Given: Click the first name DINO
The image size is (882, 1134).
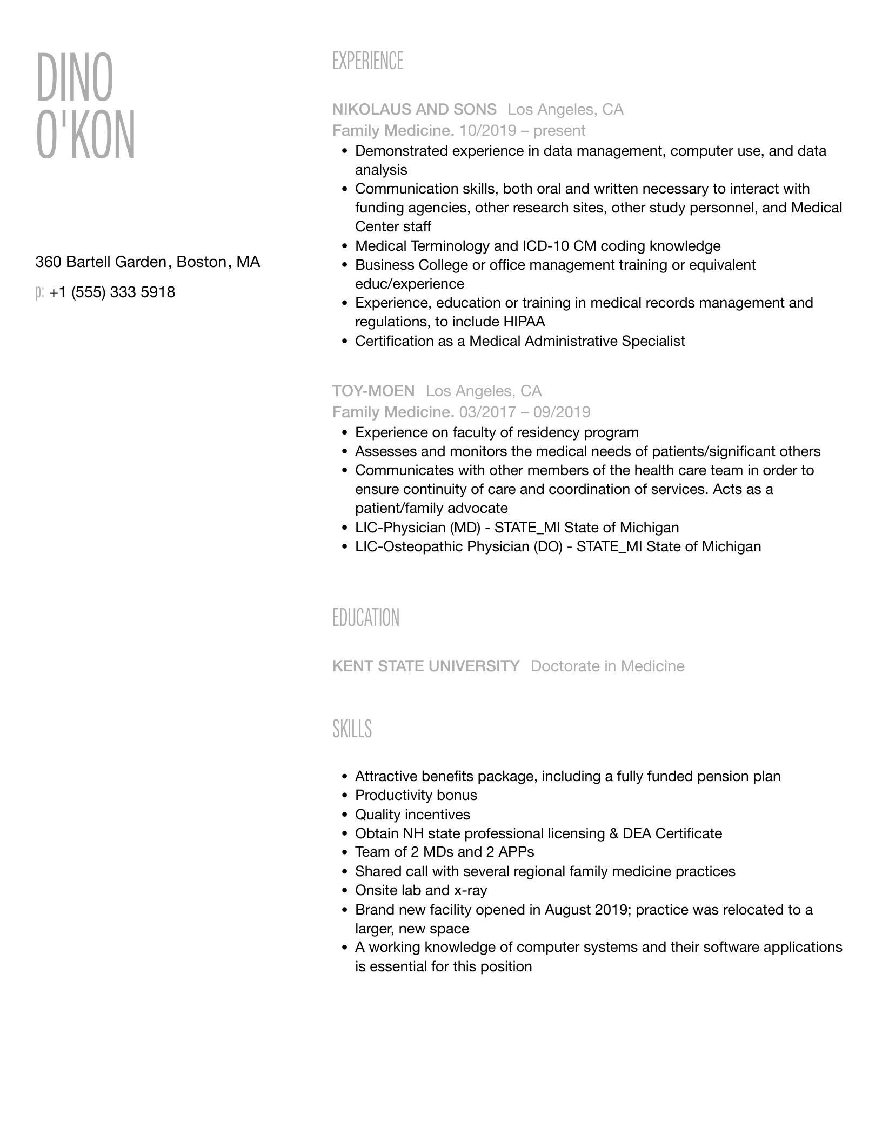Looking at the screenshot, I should point(75,77).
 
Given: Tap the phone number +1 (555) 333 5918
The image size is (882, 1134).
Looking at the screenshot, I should point(112,292).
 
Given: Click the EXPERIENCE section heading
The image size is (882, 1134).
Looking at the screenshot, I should point(367,61).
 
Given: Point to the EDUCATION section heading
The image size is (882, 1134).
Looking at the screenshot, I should point(365,617).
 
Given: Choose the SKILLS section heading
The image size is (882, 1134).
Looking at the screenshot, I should point(352,729).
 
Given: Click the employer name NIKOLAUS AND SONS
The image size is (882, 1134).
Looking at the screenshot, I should point(414,110).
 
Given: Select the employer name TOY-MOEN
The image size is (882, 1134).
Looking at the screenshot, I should point(373,391).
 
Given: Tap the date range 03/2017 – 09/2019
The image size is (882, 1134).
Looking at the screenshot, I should point(524,412).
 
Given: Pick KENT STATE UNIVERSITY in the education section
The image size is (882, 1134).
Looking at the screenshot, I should point(425,666).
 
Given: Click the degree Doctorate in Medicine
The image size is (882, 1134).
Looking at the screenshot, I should point(607,666).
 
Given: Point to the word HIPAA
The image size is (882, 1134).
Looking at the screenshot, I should point(524,322).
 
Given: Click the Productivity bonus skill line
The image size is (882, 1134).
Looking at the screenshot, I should point(416,795).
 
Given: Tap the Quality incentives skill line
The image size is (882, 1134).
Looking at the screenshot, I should point(412,815).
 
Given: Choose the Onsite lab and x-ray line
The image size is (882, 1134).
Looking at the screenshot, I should point(420,890).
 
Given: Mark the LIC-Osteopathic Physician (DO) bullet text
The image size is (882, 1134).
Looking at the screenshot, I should point(558,546).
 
